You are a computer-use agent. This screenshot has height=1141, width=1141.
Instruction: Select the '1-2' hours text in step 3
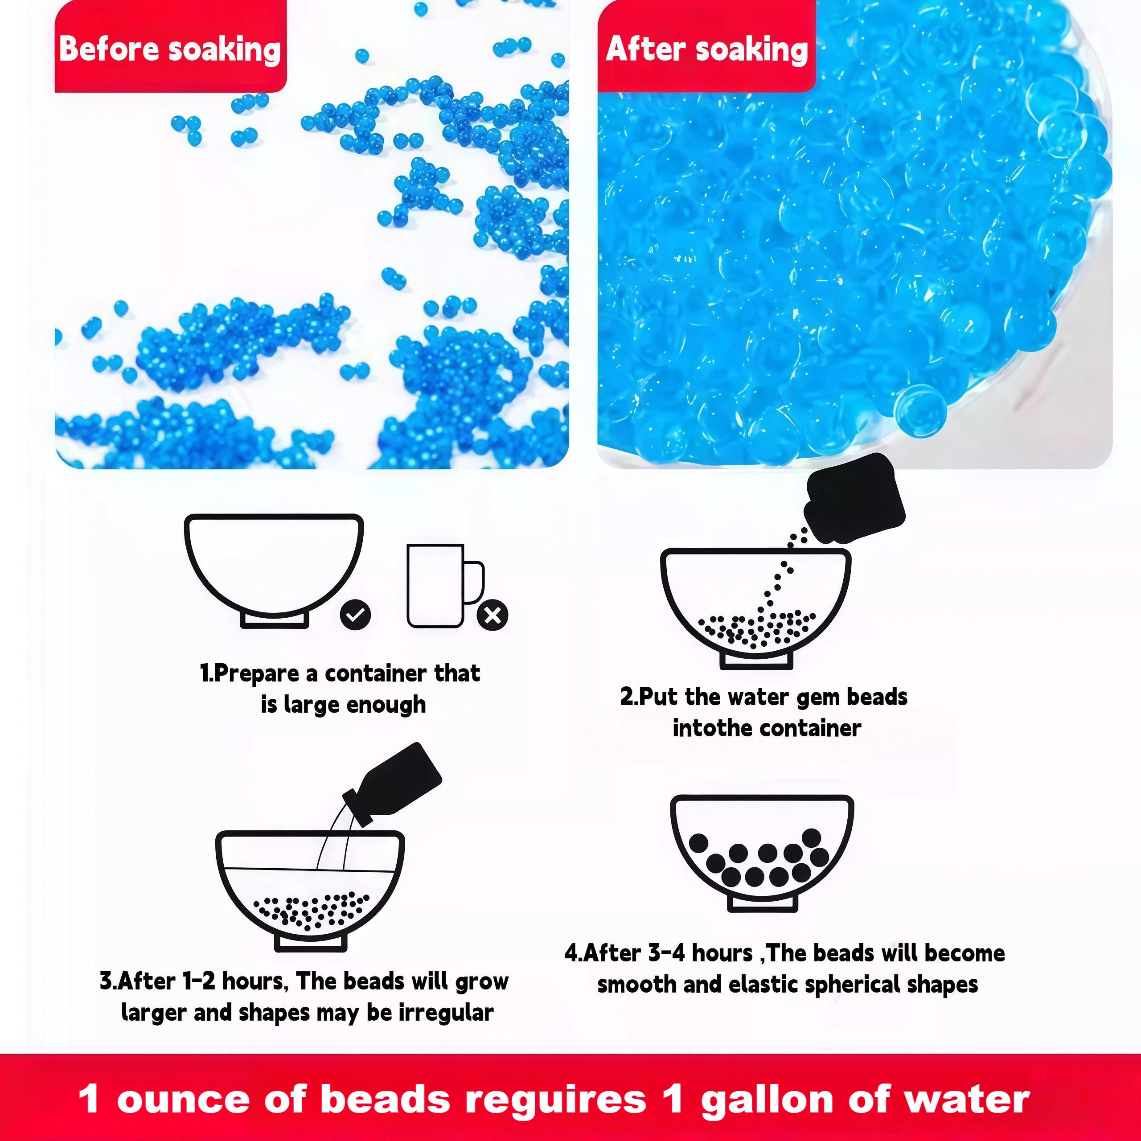coord(198,981)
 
